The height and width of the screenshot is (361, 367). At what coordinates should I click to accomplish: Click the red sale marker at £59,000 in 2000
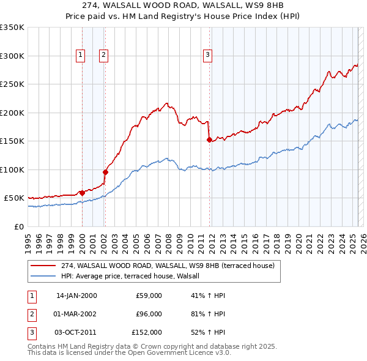82,193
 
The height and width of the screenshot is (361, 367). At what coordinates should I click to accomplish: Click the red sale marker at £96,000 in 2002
105,172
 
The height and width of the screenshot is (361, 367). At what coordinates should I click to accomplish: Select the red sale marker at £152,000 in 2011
209,140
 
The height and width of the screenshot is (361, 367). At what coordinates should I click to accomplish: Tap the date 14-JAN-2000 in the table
76,296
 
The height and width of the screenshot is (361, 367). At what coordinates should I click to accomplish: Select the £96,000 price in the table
149,314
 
